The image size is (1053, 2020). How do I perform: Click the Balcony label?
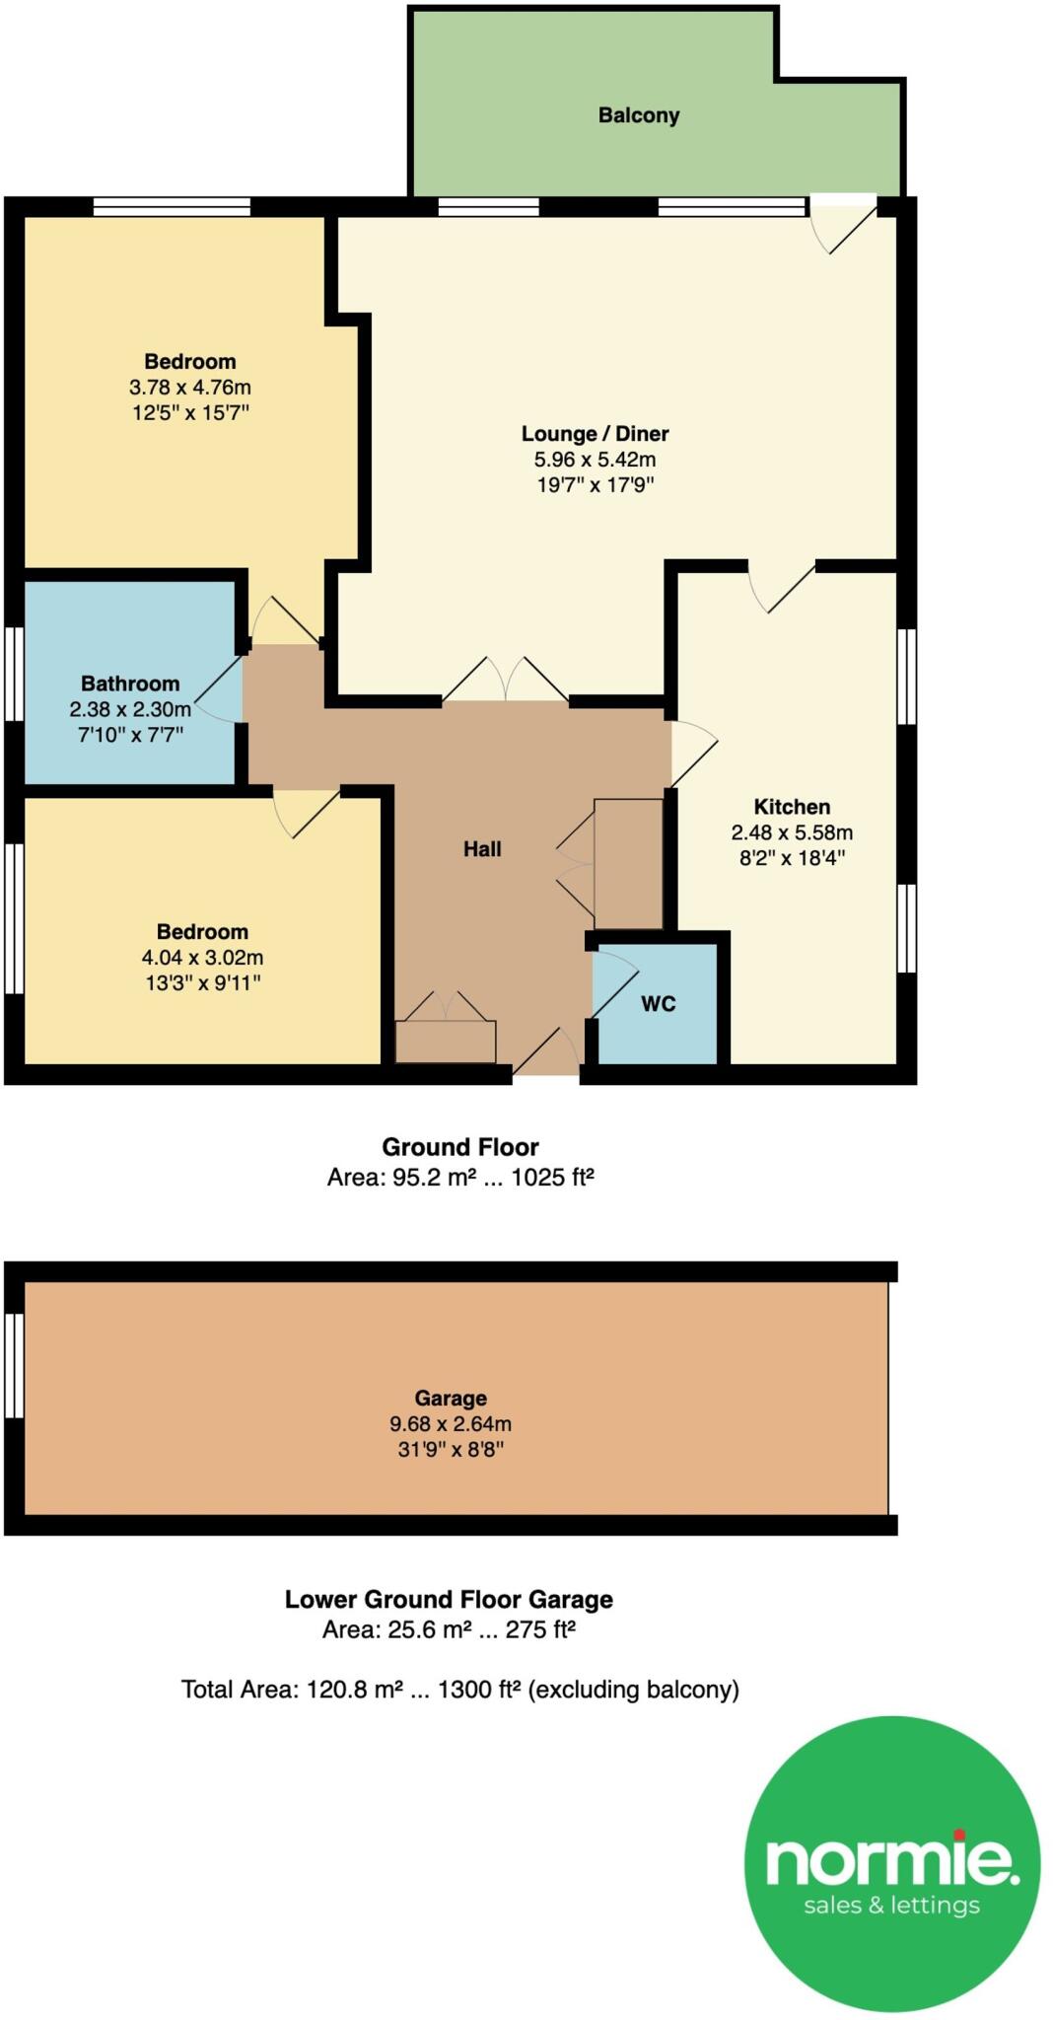(x=639, y=115)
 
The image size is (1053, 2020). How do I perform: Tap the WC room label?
(x=659, y=1004)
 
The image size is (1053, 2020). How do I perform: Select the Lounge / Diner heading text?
(x=595, y=433)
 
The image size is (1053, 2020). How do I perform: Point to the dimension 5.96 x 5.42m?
(x=595, y=459)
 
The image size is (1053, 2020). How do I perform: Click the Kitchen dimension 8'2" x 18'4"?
(x=792, y=857)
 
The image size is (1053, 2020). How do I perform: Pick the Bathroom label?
(x=130, y=684)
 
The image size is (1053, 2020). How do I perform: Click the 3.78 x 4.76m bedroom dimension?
(x=189, y=387)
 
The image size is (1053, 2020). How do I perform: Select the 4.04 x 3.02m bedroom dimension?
(x=202, y=957)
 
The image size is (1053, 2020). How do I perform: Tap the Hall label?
(x=482, y=848)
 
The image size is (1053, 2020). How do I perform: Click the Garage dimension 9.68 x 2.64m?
(x=451, y=1423)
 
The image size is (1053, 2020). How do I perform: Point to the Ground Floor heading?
(x=460, y=1147)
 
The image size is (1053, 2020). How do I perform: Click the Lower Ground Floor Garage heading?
(x=449, y=1599)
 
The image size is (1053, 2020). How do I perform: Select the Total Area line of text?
(x=459, y=1690)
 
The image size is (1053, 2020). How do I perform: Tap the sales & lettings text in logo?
(x=891, y=1905)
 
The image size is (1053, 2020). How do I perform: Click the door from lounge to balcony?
(x=844, y=222)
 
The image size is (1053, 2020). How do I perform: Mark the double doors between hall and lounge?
(x=505, y=681)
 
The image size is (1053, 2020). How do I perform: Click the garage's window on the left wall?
(x=14, y=1365)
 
